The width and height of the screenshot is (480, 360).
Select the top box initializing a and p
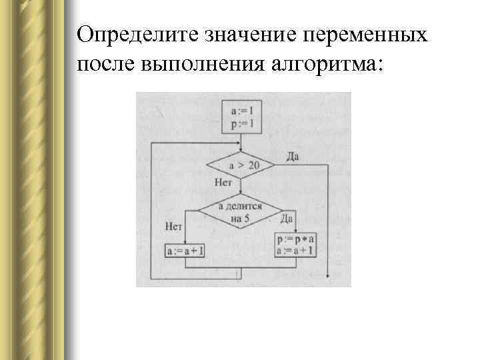click(241, 117)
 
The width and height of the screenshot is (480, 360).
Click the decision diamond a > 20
click(241, 165)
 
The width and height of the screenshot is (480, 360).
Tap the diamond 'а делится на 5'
click(241, 211)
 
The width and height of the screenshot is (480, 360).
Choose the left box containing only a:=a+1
click(185, 251)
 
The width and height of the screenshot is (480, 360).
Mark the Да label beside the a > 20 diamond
click(292, 156)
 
